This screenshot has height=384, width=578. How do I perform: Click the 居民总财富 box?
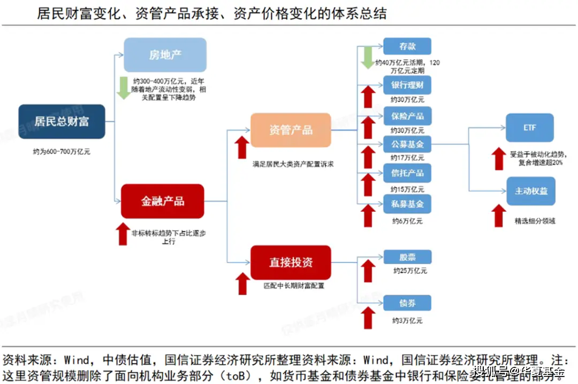click(x=62, y=121)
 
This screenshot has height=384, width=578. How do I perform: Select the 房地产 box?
click(x=165, y=55)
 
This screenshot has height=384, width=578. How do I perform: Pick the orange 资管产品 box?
click(x=291, y=130)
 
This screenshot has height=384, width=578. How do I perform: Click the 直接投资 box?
click(x=291, y=262)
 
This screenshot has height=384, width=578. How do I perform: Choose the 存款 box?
click(x=407, y=47)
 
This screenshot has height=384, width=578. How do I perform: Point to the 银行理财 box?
click(x=407, y=86)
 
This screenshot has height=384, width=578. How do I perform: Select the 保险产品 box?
click(x=407, y=116)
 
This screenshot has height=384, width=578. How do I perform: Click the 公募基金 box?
click(x=407, y=144)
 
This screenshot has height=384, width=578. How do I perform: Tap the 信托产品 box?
click(x=407, y=173)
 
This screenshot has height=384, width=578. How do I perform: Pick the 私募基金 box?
click(x=407, y=204)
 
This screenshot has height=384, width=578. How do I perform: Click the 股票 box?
click(x=407, y=257)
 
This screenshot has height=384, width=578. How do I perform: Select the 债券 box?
click(x=407, y=303)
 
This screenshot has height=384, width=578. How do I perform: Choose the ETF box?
click(x=530, y=128)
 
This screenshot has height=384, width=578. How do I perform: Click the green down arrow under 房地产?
click(x=124, y=88)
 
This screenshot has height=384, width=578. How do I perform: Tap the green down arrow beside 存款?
click(x=367, y=57)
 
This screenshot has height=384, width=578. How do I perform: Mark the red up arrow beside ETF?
click(x=498, y=158)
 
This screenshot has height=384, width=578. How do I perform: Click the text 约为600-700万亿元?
click(x=62, y=151)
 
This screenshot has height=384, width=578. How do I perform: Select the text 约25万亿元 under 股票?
click(x=410, y=271)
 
